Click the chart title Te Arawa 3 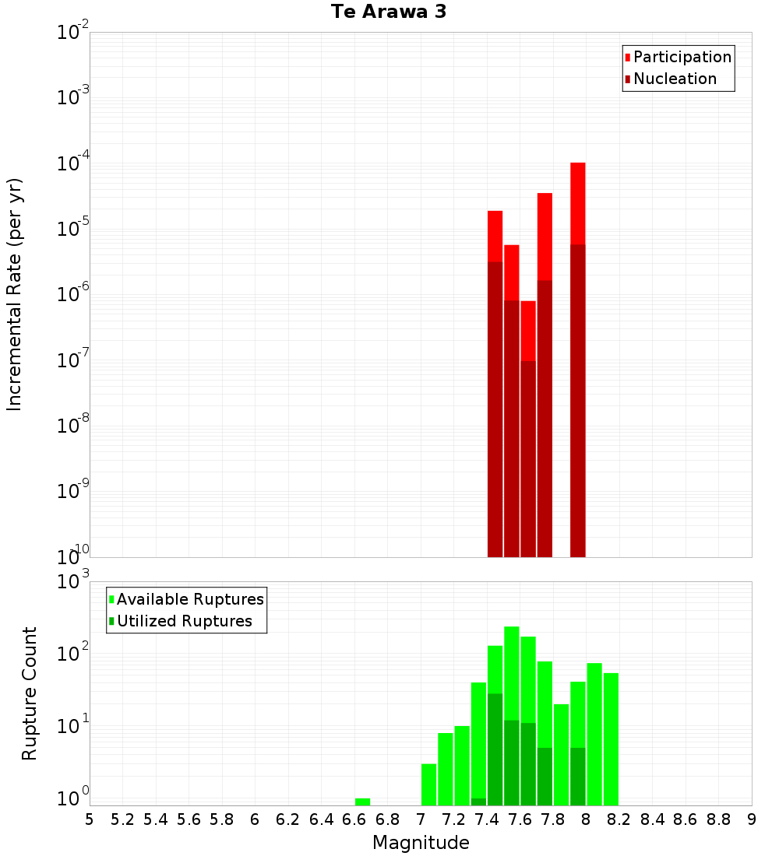click(388, 12)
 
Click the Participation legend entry click(682, 57)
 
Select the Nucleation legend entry click(674, 79)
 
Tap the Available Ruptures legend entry click(189, 599)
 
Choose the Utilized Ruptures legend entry click(184, 621)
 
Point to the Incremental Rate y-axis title click(15, 294)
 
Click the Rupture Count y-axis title click(30, 693)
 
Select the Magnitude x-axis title click(421, 843)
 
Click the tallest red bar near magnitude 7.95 click(577, 202)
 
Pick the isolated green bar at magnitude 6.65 click(362, 802)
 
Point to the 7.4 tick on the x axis click(487, 819)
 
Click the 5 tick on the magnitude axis click(90, 819)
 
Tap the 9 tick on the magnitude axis click(752, 819)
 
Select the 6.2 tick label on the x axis click(288, 819)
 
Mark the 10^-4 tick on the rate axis click(72, 164)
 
